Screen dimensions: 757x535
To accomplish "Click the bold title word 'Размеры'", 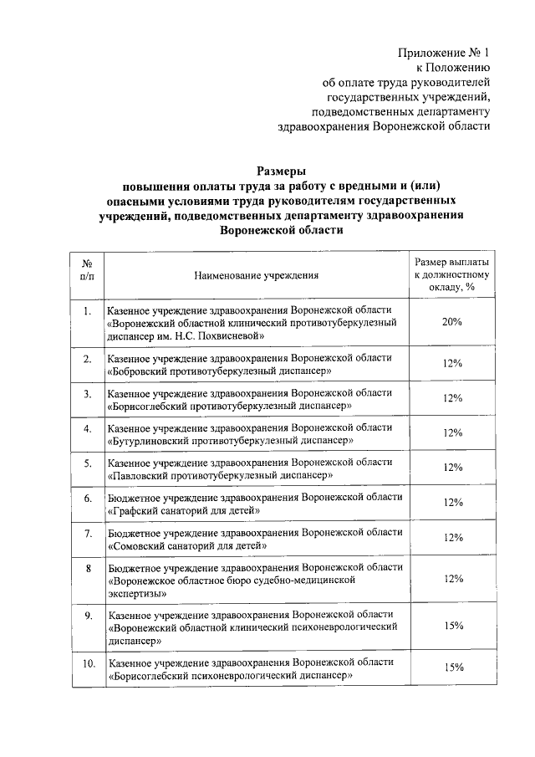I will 267,171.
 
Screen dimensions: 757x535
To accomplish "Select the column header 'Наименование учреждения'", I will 257,274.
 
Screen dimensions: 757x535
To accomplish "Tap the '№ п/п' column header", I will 87,268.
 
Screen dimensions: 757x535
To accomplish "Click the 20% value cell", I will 453,322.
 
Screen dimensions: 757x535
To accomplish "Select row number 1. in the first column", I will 87,312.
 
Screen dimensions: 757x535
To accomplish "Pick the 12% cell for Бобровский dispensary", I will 453,364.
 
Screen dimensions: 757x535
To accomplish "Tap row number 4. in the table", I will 87,429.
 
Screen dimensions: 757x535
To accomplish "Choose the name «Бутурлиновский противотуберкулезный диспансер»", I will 231,440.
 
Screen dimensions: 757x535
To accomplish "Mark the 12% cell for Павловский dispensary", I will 453,468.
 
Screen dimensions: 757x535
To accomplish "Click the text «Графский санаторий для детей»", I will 187,509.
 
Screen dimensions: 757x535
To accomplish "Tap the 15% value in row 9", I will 453,626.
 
